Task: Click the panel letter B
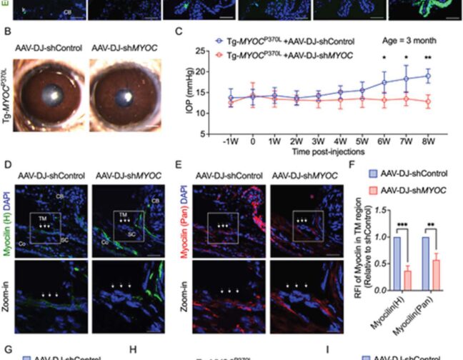(x=7, y=32)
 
